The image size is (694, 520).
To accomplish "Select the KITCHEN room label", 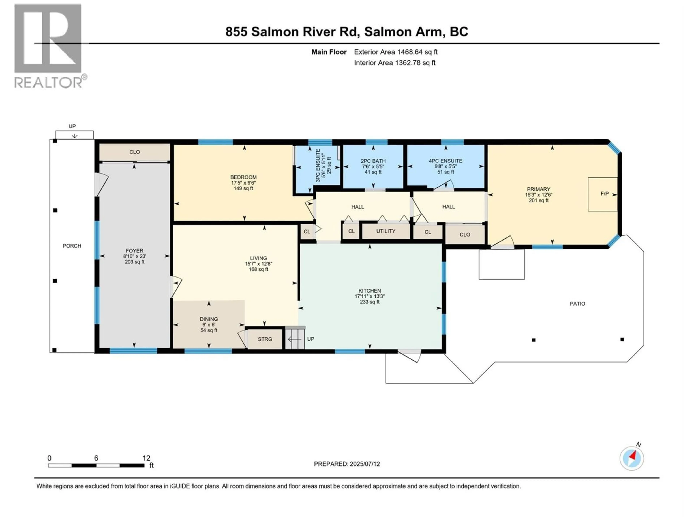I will point(370,291).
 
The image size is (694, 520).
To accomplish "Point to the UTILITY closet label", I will point(386,231).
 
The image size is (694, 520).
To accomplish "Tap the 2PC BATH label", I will point(373,161).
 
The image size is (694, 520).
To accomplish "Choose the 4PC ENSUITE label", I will point(445,161).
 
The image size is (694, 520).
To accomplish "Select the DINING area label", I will point(209,319).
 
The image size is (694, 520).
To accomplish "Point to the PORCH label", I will point(72,246).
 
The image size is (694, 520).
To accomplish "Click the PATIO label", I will point(577,303).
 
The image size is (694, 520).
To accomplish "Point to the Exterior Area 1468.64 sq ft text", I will point(396,52).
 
